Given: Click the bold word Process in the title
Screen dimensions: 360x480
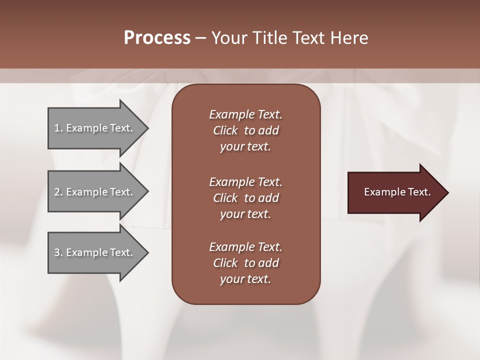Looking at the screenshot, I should (x=157, y=38).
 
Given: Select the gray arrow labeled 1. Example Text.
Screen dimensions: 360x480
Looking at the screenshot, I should (x=95, y=128).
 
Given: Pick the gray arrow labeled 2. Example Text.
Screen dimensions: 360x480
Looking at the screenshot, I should (x=95, y=192).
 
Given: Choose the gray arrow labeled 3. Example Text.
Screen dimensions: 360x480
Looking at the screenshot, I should (x=95, y=252).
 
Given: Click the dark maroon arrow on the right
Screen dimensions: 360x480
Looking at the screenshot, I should (x=395, y=192).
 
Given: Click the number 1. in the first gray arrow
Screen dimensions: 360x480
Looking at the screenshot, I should (x=58, y=128).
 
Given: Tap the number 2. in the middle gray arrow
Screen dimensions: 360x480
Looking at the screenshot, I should (x=58, y=192).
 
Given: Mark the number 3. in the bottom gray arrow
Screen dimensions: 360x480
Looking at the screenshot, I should (x=58, y=252).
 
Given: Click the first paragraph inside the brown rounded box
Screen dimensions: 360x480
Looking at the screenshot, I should (x=245, y=130).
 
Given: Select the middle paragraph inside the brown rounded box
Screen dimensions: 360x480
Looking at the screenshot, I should (x=245, y=198).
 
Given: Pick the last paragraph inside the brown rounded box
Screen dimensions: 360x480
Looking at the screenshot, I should (x=245, y=263).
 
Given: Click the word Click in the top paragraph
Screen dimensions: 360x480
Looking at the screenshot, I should (x=225, y=130).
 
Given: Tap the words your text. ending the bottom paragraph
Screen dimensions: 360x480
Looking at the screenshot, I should (x=245, y=279).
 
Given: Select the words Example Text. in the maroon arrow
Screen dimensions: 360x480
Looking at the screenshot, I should (x=397, y=192).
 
